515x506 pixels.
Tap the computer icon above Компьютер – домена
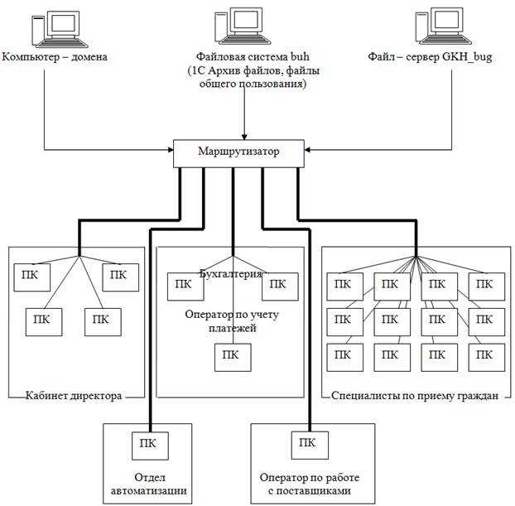pos(55,30)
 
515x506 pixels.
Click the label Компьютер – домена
pos(55,57)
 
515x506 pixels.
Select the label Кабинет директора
pos(75,396)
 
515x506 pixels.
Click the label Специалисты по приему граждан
pos(414,396)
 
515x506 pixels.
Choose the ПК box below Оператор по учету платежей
pos(230,357)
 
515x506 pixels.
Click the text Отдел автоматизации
pos(149,484)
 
